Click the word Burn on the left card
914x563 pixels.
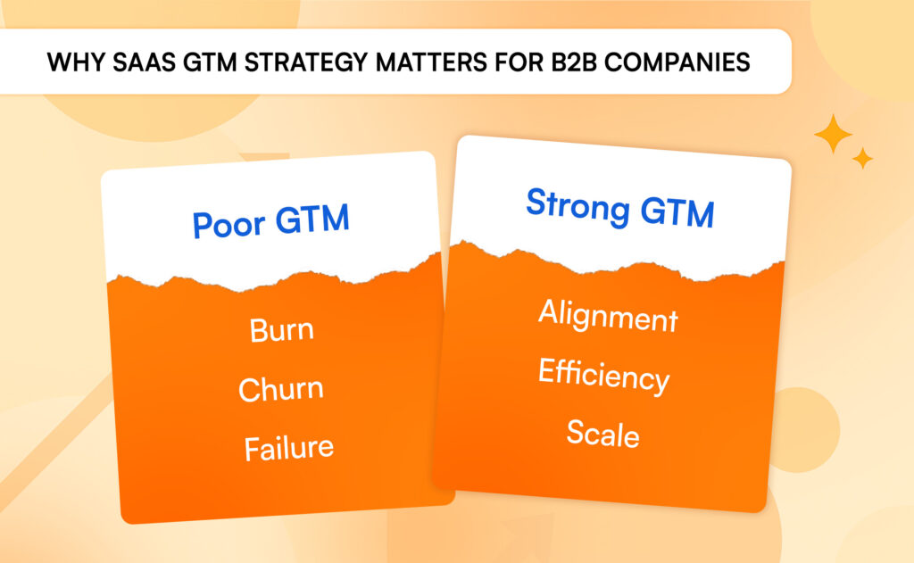tap(281, 330)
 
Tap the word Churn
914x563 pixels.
tap(280, 389)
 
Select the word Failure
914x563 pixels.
tap(288, 446)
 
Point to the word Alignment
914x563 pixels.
tap(608, 316)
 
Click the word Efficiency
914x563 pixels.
tap(603, 376)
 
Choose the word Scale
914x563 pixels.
tap(602, 434)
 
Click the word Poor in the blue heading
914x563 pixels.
tap(225, 223)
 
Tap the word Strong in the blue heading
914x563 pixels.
tap(572, 206)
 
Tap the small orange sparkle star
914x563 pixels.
tap(862, 159)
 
